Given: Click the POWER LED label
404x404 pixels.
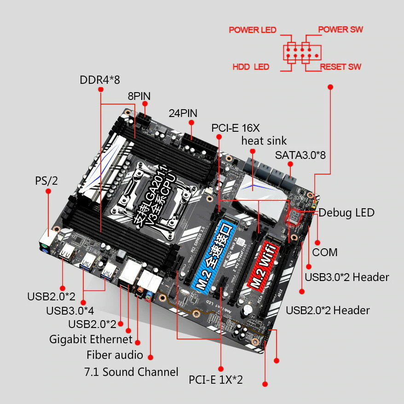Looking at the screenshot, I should tap(253, 30).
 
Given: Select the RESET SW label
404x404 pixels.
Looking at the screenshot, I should tap(341, 67).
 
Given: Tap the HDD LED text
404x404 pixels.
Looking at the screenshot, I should tap(251, 67).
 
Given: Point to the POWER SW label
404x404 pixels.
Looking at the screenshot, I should tap(341, 29).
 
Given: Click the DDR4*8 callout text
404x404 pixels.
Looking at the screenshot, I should tap(100, 80).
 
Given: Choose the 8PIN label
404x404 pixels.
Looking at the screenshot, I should tap(139, 96).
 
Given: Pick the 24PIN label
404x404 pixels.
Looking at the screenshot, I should tap(183, 113).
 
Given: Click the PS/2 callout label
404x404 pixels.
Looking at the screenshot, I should tap(46, 181).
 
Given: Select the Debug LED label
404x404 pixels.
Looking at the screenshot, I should tap(346, 212).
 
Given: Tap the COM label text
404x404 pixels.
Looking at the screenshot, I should tap(324, 252).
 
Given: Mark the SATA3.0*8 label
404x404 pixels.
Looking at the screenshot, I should tap(300, 155).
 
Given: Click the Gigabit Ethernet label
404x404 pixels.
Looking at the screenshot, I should tap(91, 340).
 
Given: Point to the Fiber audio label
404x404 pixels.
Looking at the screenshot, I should tap(115, 355).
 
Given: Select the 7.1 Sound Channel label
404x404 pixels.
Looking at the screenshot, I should tap(131, 372).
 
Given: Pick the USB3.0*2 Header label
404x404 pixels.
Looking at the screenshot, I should tap(347, 277).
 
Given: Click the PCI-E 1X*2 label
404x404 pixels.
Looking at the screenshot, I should tap(215, 380).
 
